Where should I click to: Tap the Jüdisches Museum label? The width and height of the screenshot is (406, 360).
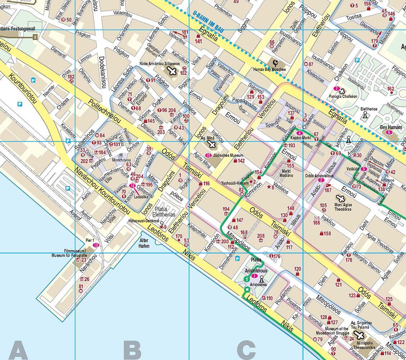[226, 156]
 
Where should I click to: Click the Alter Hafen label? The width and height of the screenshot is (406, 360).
[144, 244]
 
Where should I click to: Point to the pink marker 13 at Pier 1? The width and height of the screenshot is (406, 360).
[96, 245]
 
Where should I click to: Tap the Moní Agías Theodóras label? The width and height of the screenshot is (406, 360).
[340, 207]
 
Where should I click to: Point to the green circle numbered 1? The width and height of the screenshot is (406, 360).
[246, 279]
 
